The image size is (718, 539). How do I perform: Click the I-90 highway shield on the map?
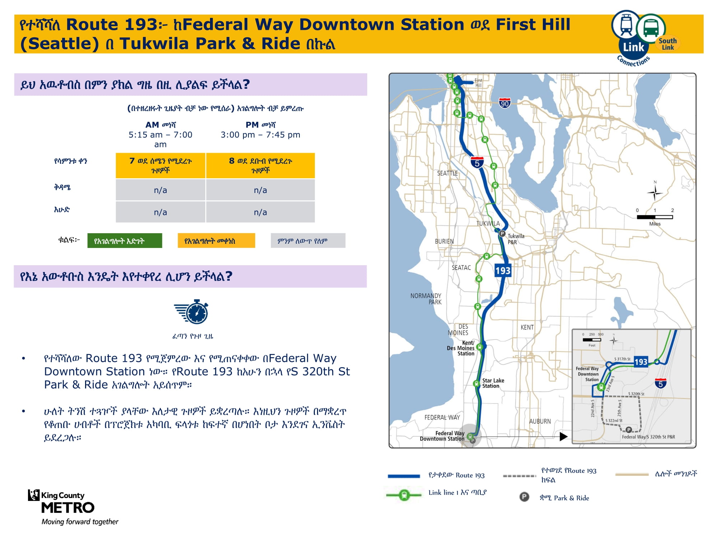[505, 103]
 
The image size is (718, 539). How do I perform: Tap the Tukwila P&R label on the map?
[516, 239]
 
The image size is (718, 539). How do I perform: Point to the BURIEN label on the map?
[444, 241]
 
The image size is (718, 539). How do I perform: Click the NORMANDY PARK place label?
[426, 299]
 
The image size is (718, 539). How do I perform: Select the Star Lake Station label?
[493, 383]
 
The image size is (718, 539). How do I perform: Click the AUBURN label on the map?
[540, 421]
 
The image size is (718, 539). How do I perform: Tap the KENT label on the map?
[527, 327]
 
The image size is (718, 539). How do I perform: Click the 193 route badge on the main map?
[503, 271]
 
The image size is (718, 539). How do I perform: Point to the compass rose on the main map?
[655, 193]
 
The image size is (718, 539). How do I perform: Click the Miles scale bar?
[655, 217]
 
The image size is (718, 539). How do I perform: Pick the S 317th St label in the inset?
[622, 359]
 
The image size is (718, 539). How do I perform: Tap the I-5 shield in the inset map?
[661, 383]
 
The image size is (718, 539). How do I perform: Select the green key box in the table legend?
[125, 241]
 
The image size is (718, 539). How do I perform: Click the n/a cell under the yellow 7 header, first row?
[160, 190]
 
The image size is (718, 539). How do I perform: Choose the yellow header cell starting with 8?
[260, 166]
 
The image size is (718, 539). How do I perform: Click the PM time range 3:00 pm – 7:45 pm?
[260, 135]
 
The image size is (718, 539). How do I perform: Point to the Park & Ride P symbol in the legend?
[524, 497]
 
